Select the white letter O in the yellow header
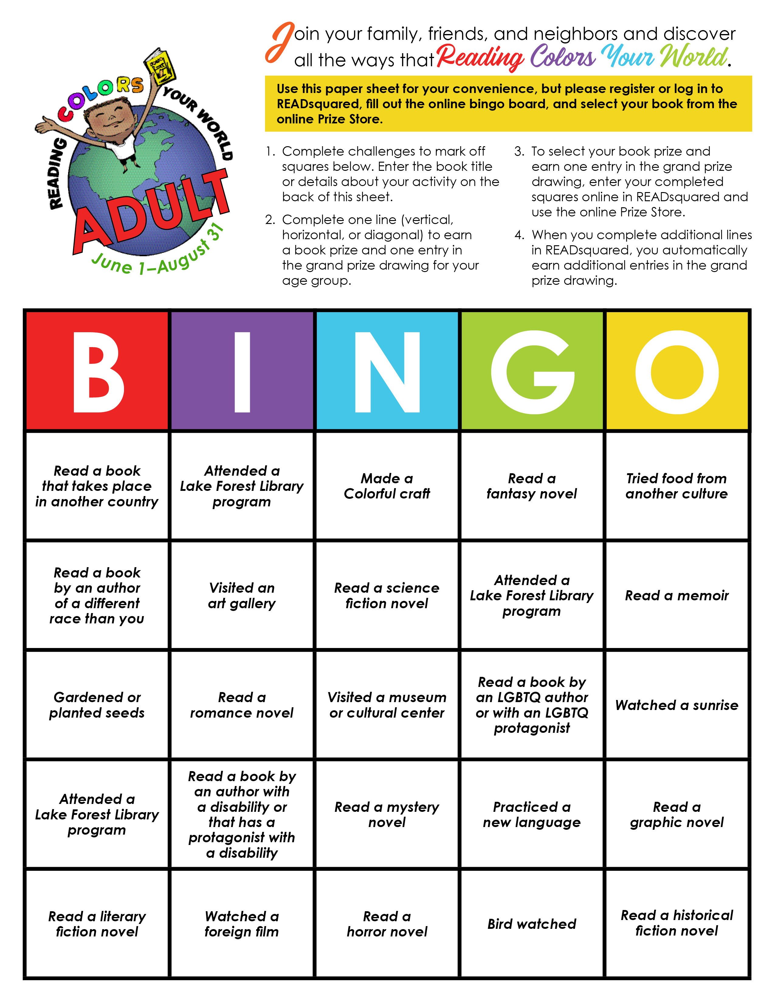coord(677,372)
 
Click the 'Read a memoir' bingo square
coord(677,596)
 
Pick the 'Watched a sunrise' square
coord(677,705)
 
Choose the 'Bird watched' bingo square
coord(532,924)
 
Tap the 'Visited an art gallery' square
coord(242,596)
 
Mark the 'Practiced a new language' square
coord(532,814)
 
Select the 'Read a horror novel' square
coord(387,924)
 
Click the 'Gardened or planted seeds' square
coord(97,705)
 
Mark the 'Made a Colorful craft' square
coord(387,486)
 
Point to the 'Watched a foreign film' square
coord(242,924)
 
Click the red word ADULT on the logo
coord(152,211)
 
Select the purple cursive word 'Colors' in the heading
coord(563,58)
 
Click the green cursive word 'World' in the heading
coord(693,58)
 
